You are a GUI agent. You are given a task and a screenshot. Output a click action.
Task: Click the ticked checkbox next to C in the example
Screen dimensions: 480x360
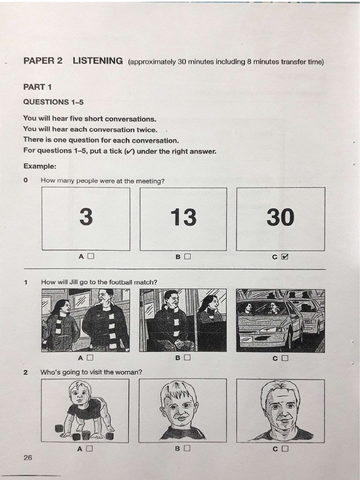tap(285, 256)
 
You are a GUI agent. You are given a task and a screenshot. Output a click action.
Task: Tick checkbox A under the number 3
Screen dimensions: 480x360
tap(90, 256)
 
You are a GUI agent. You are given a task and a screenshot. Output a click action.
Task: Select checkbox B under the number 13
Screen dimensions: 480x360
tap(187, 256)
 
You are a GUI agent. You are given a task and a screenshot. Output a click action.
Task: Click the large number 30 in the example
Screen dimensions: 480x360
tap(280, 217)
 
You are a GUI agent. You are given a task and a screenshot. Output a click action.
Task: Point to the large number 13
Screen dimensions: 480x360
tap(183, 217)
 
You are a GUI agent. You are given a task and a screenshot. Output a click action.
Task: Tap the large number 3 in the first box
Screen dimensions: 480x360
tap(86, 217)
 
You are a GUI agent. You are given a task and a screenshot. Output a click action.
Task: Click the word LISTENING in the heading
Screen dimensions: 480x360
tap(97, 61)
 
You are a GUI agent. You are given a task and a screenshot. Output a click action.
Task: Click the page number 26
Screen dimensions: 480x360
tap(28, 457)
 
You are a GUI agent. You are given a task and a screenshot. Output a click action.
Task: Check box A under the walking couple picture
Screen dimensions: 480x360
tap(90, 358)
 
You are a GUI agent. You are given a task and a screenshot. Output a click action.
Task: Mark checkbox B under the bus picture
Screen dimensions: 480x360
tap(187, 358)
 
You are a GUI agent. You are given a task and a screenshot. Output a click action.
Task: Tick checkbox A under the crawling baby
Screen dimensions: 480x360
tap(90, 448)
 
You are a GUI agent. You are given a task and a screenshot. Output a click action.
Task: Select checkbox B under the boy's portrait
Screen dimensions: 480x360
tap(187, 448)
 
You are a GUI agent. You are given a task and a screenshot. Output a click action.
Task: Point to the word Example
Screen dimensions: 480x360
tap(39, 166)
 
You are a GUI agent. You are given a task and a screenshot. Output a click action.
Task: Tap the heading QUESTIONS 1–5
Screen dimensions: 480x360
tap(53, 102)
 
